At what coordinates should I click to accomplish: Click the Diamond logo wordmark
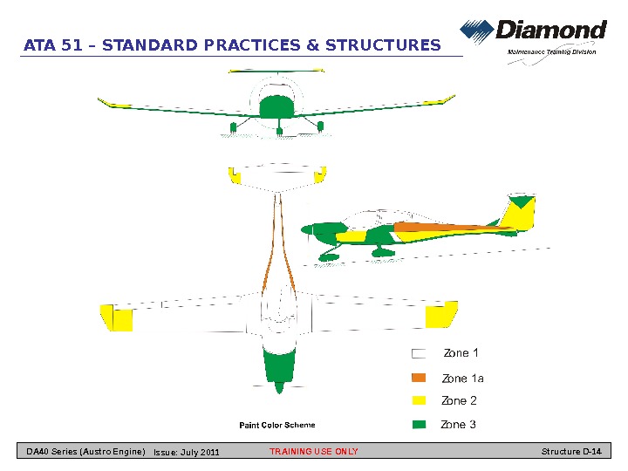[x=550, y=31]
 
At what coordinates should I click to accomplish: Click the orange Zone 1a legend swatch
[x=419, y=379]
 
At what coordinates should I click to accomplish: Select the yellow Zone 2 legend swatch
[x=419, y=401]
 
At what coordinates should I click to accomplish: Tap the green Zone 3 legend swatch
[x=419, y=425]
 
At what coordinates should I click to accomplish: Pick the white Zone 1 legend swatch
[x=419, y=354]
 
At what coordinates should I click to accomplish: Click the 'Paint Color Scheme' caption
[x=277, y=426]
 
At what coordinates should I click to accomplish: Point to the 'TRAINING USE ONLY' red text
[x=314, y=452]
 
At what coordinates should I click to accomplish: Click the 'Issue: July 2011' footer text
[x=186, y=452]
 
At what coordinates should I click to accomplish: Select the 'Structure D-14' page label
[x=571, y=452]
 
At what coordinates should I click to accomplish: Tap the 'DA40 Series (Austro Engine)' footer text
[x=85, y=452]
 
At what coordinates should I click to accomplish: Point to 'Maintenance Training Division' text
[x=551, y=51]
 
